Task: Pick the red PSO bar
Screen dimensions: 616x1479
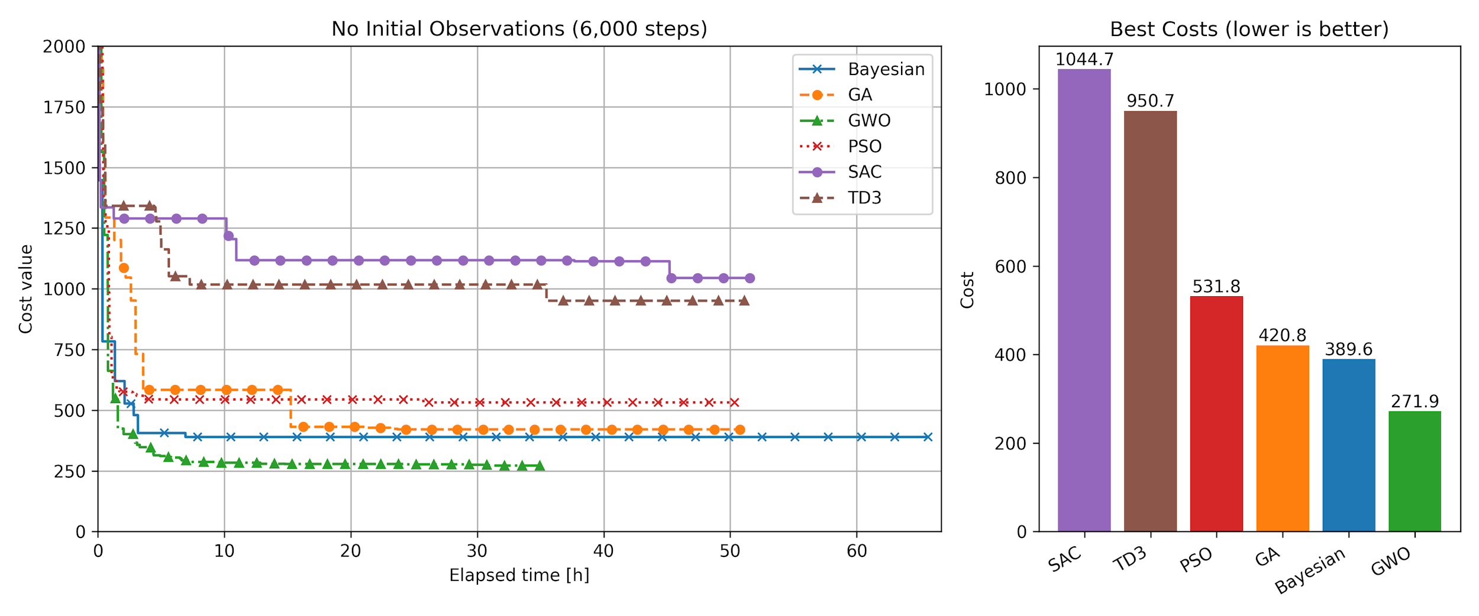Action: (1216, 414)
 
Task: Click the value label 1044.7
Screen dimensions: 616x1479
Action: (1084, 60)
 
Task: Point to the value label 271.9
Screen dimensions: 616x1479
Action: (1415, 401)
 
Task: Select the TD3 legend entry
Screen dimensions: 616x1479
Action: (864, 198)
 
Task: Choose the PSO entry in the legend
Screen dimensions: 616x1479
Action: (864, 147)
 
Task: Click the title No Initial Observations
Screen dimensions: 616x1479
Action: (519, 29)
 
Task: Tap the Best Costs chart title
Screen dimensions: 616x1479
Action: (1249, 29)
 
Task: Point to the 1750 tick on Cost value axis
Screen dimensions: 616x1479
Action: (64, 108)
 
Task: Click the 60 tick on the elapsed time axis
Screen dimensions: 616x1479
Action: (856, 551)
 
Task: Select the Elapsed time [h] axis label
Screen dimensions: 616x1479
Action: (519, 575)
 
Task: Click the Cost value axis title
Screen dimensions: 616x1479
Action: (25, 289)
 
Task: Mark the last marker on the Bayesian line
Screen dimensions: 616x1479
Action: (928, 437)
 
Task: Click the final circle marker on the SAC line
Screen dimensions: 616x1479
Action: (750, 278)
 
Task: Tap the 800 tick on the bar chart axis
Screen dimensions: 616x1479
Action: (1010, 178)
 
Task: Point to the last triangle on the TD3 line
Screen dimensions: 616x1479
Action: (744, 301)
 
